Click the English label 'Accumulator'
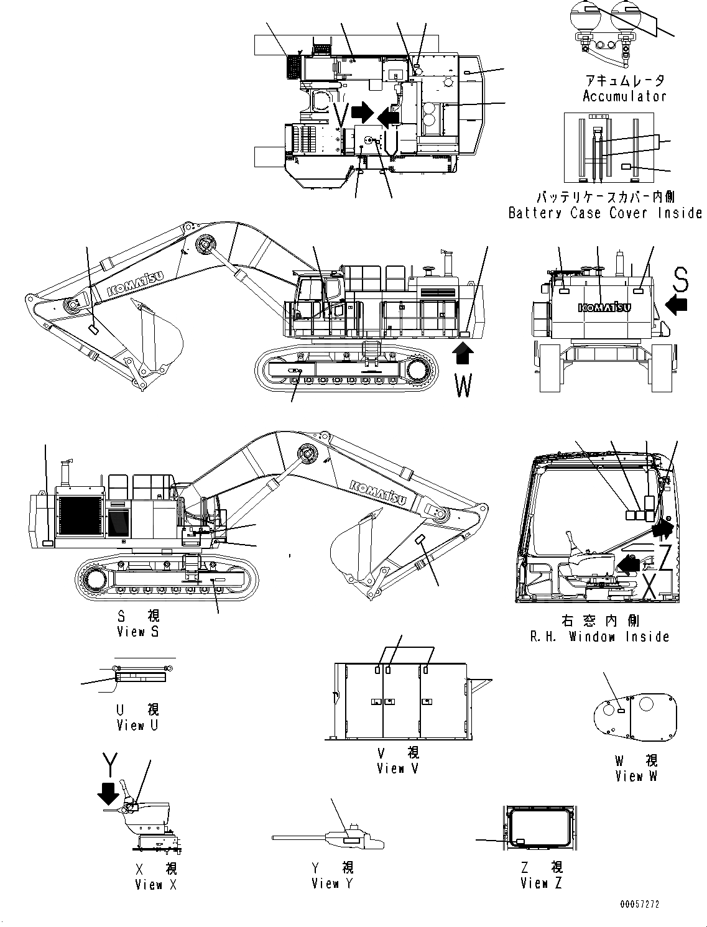[x=624, y=96]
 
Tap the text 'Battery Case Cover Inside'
[x=604, y=213]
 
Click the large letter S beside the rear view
[x=681, y=281]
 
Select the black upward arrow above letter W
[x=463, y=356]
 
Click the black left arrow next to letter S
[x=677, y=305]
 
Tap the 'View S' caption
[x=138, y=632]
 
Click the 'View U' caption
[x=137, y=726]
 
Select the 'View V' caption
[x=397, y=768]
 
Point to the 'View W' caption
[x=636, y=776]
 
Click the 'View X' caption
[x=155, y=885]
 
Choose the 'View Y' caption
[x=332, y=883]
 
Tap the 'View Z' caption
[x=541, y=883]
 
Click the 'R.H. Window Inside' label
[x=600, y=637]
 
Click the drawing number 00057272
[x=639, y=904]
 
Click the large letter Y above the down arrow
[x=110, y=765]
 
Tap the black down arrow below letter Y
[x=109, y=793]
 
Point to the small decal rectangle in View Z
[x=520, y=841]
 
